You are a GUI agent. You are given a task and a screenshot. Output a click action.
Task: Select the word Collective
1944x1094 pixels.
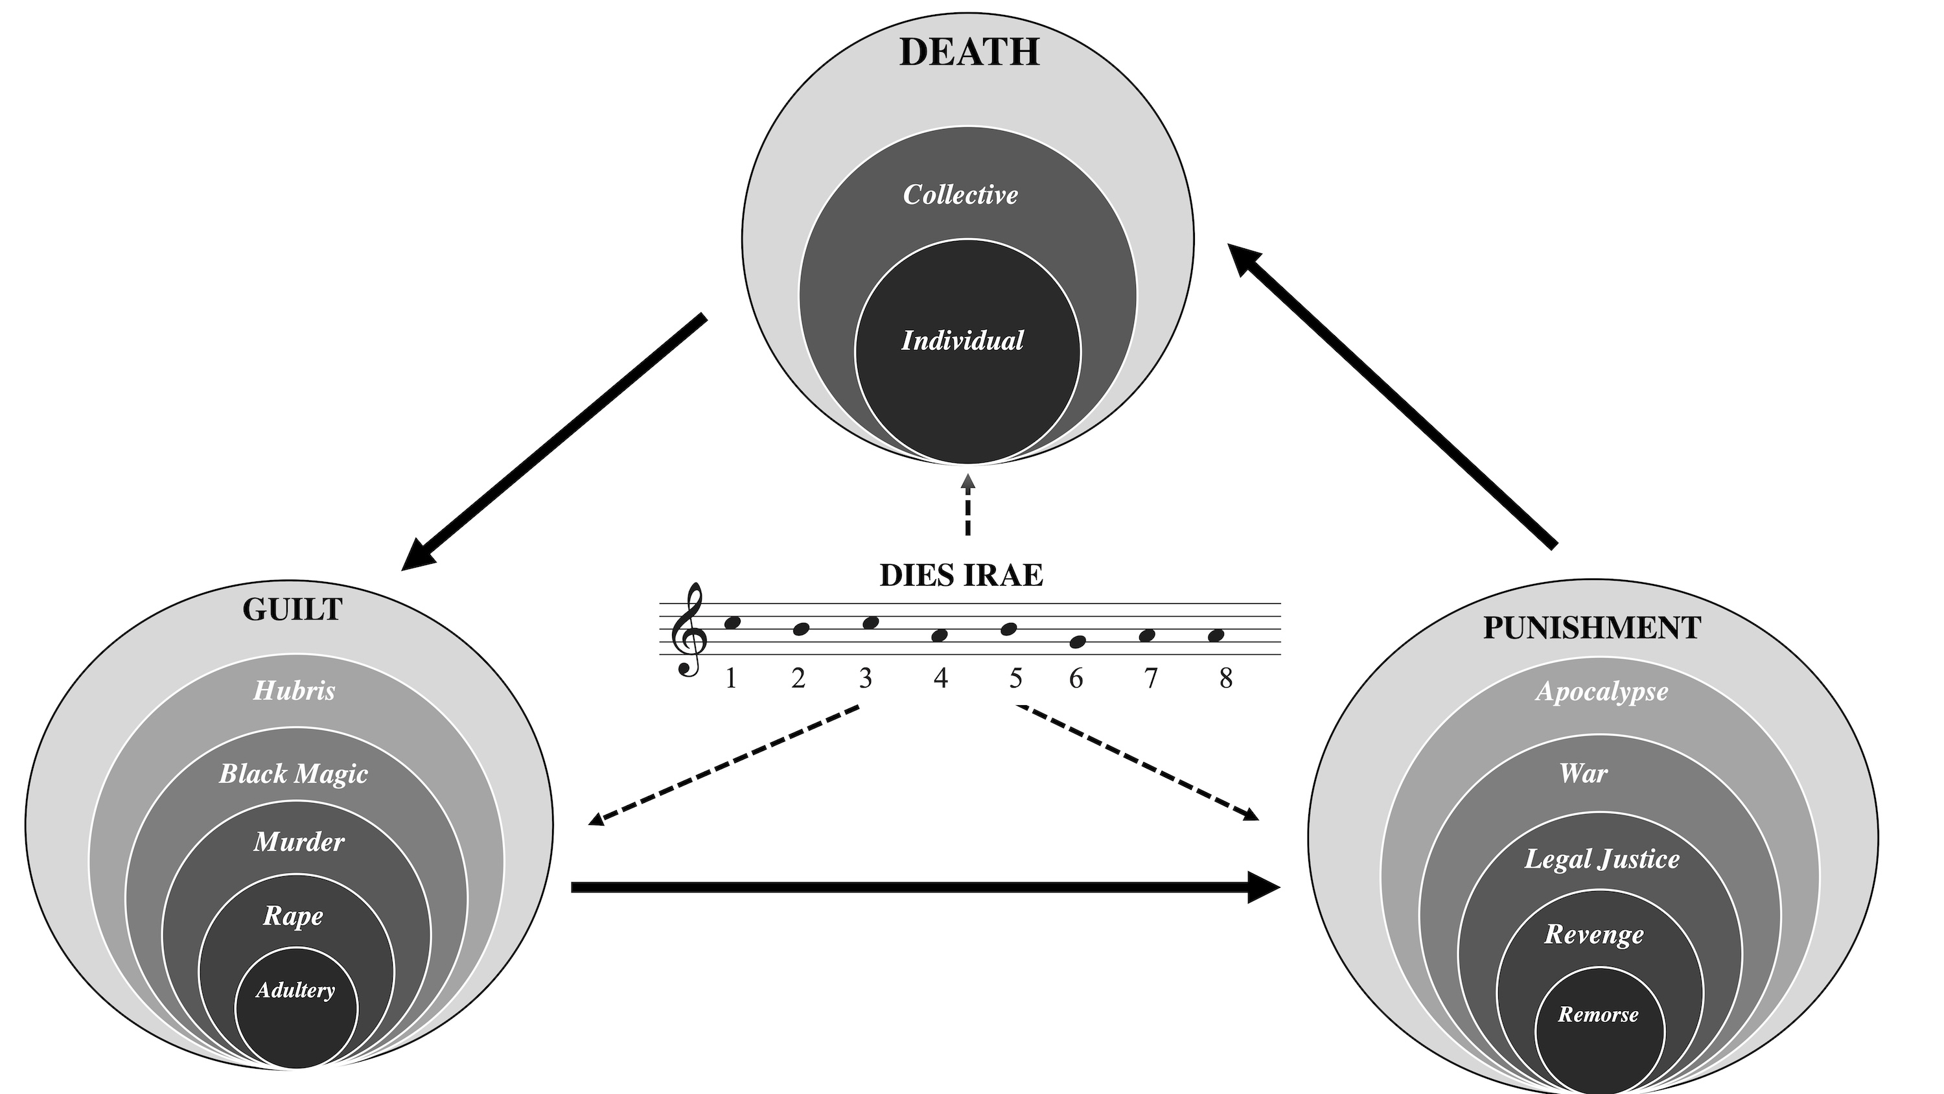point(960,195)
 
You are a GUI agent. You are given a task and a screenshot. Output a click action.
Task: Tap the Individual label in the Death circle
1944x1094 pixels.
point(962,340)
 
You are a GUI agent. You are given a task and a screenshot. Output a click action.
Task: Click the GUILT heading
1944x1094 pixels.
point(292,609)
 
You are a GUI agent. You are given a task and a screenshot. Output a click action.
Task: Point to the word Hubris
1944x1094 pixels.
point(294,690)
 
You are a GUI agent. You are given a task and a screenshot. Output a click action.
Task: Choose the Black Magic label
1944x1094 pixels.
point(293,774)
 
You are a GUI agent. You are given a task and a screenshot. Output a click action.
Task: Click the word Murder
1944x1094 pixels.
point(299,842)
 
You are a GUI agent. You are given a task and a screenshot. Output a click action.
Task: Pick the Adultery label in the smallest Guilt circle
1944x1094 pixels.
point(295,990)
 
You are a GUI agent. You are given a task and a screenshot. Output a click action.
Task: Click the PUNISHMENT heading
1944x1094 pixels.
point(1591,628)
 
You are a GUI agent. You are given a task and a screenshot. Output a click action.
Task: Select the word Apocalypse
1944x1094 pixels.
point(1601,692)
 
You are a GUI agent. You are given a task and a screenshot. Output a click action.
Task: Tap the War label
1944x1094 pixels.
point(1583,773)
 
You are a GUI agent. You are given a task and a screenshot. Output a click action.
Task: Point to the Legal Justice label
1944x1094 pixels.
point(1601,859)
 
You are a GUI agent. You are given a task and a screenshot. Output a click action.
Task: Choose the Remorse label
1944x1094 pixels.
point(1599,1014)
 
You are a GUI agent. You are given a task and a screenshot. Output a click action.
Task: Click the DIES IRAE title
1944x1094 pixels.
point(962,576)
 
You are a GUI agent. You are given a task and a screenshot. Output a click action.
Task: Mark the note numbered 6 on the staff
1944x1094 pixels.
point(1077,642)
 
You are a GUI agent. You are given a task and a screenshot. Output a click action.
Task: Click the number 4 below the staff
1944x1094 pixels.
point(940,678)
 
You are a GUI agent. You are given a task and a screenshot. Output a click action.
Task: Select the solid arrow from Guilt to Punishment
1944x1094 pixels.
point(925,887)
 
